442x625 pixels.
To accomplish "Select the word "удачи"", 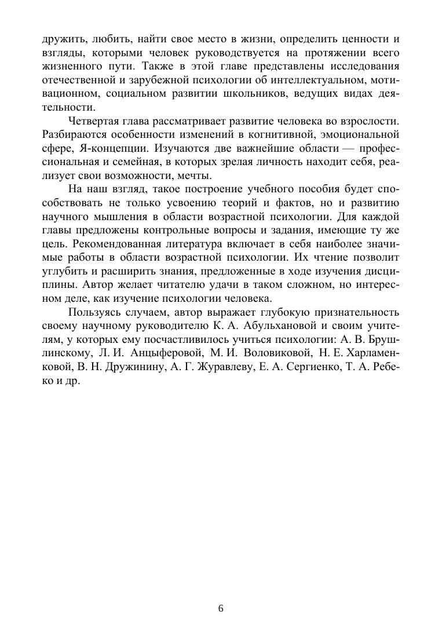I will (226, 285).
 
